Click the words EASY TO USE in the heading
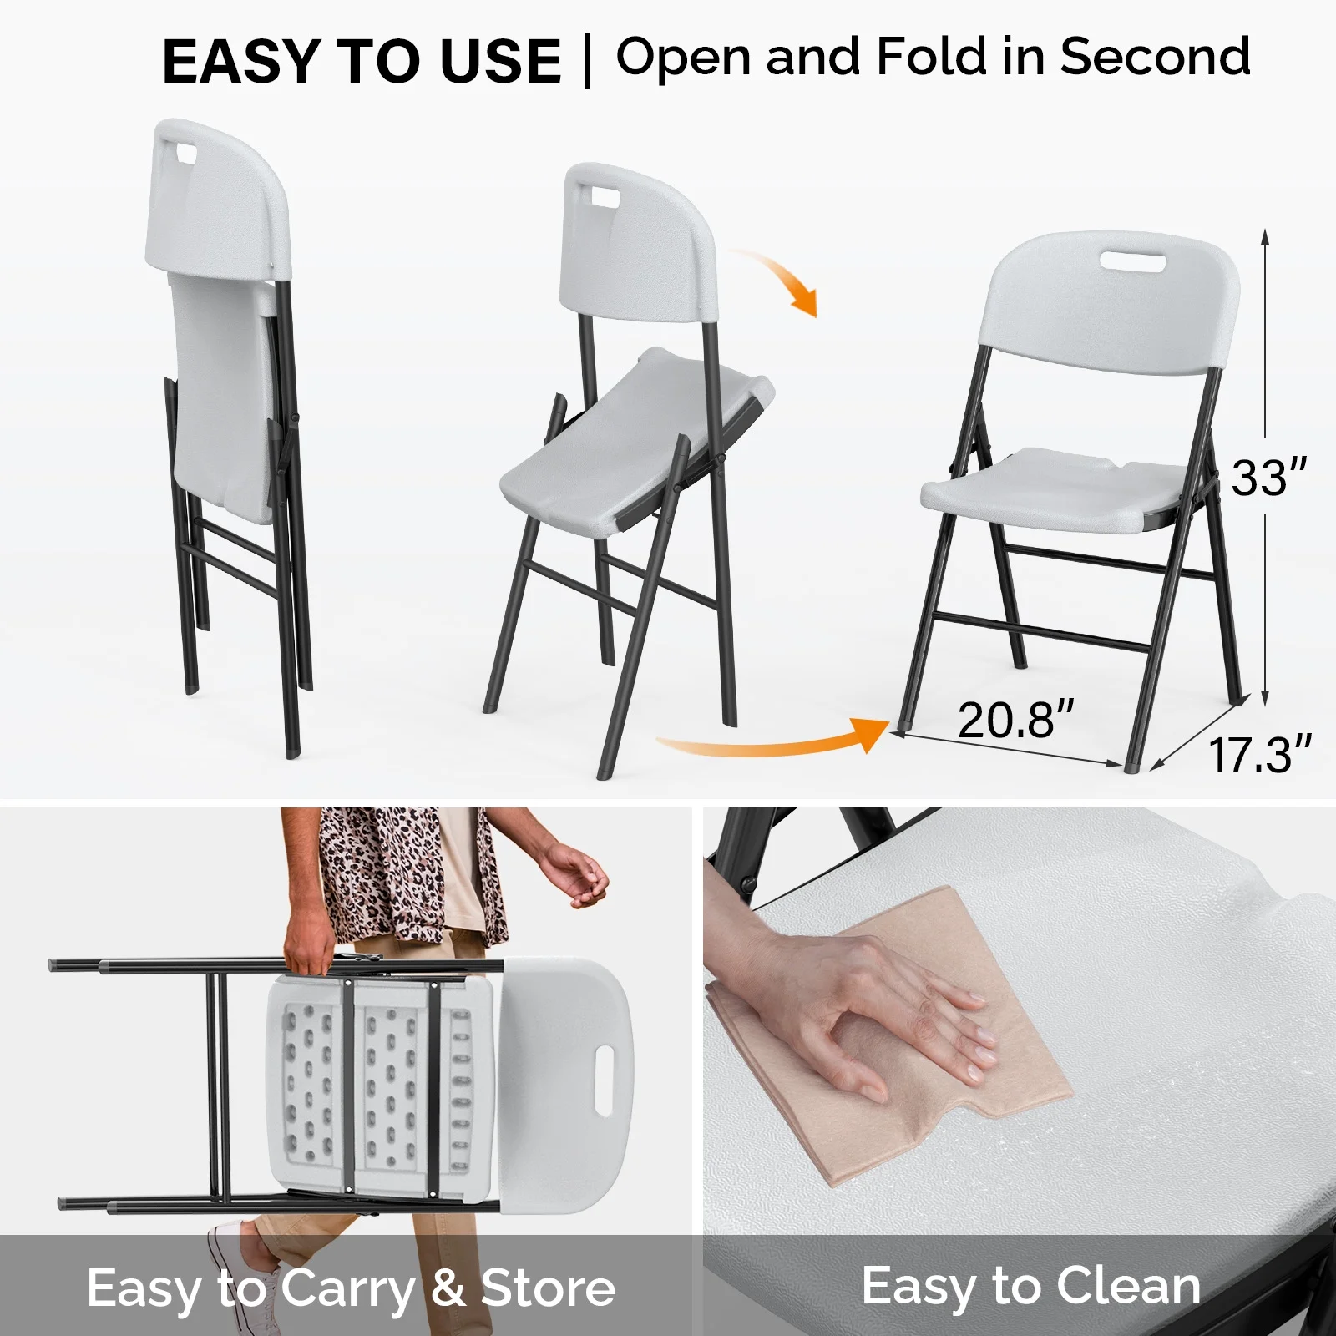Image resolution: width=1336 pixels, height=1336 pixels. coord(362,61)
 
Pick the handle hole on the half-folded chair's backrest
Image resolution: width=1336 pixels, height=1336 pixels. coord(599,199)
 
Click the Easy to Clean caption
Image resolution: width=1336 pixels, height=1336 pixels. coord(1031,1285)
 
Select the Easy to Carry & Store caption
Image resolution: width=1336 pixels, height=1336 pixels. coord(352,1288)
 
